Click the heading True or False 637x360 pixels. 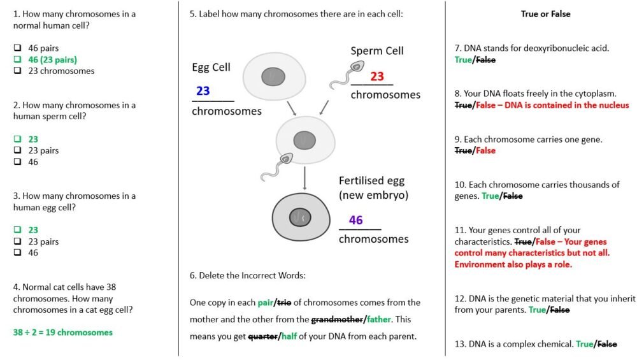545,13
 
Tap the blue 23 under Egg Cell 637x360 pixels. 203,91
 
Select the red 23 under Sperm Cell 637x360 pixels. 377,76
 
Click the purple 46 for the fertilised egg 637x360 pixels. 355,220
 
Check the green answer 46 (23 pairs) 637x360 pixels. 52,60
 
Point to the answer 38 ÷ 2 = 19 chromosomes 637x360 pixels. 62,332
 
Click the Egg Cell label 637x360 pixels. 211,67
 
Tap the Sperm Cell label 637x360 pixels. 377,51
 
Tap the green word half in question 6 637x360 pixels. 290,336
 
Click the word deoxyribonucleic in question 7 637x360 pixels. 550,48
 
